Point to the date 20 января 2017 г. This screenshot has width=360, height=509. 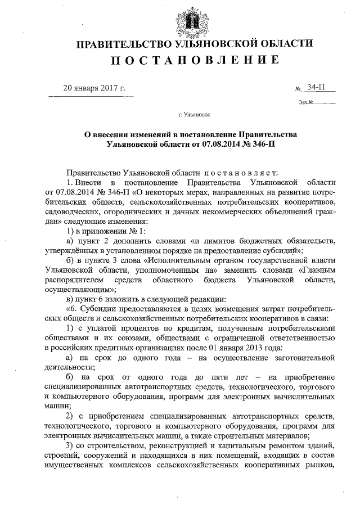click(94, 88)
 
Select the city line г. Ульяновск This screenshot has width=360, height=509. click(194, 114)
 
